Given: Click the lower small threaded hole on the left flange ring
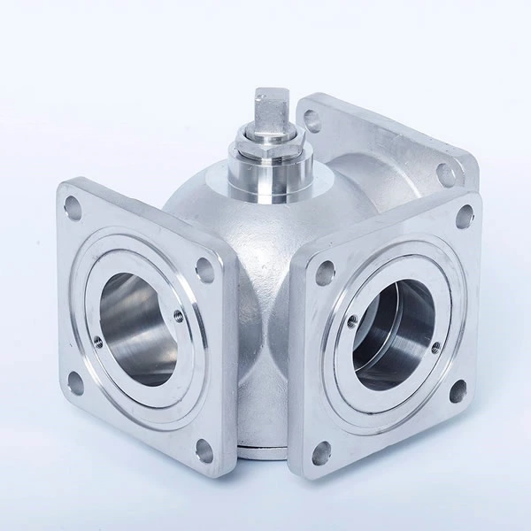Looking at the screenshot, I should click(98, 341).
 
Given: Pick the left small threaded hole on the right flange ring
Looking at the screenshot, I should click(355, 319).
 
